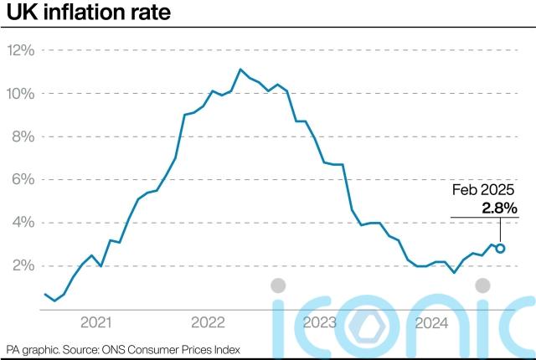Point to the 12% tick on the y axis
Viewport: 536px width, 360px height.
coord(20,50)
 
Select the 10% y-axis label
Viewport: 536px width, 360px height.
coord(20,93)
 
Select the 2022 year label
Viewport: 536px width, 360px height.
coord(208,322)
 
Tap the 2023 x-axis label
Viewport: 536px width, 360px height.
coord(319,322)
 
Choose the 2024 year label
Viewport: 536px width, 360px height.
coord(430,322)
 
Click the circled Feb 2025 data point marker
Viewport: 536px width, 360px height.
coord(500,248)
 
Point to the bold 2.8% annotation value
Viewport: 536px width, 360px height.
coord(499,207)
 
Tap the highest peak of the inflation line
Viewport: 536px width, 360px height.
coord(240,69)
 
